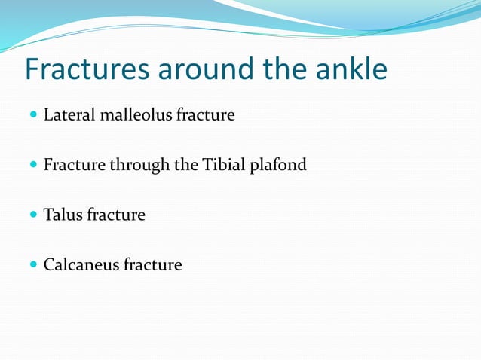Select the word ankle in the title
(x=350, y=69)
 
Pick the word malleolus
(x=133, y=115)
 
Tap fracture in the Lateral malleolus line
(x=205, y=115)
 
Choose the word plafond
(x=279, y=165)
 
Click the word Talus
(x=63, y=215)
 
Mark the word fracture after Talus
(x=116, y=215)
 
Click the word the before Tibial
(x=188, y=165)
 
